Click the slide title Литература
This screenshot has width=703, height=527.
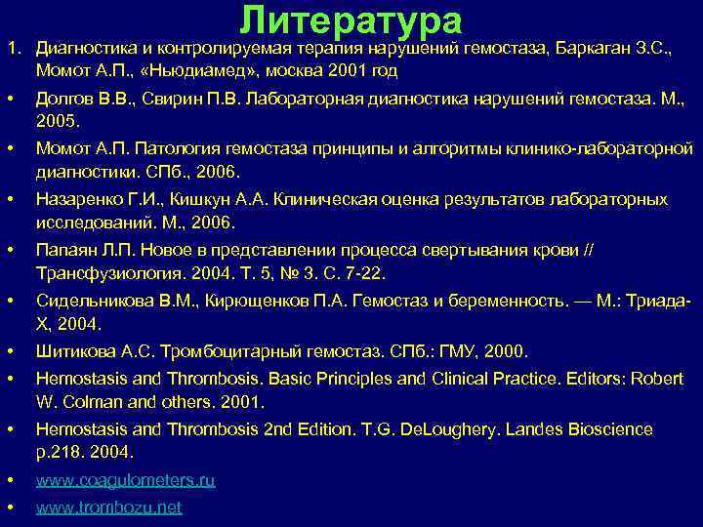pyautogui.click(x=351, y=20)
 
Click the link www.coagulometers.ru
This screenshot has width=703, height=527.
pyautogui.click(x=126, y=480)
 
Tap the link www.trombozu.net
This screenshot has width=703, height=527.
pyautogui.click(x=108, y=507)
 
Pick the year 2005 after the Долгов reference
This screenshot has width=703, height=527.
pyautogui.click(x=56, y=123)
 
